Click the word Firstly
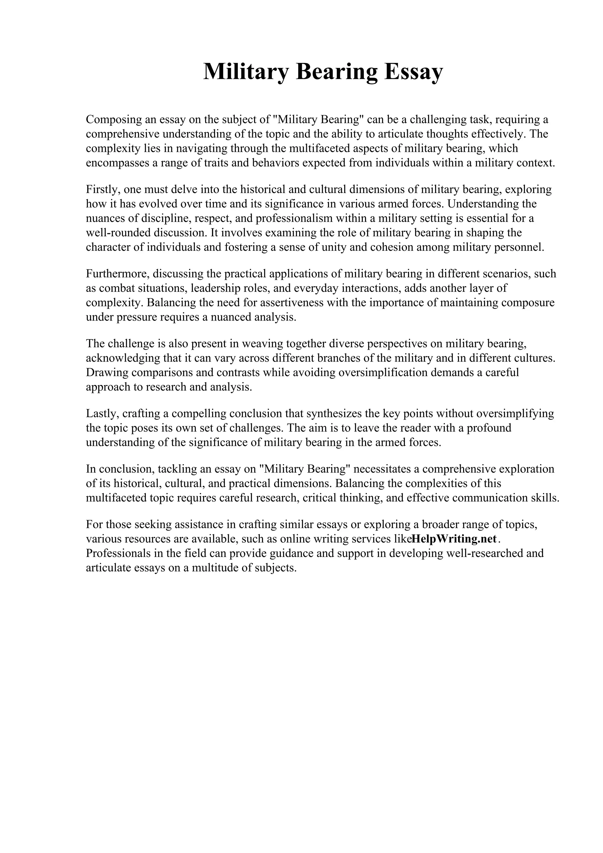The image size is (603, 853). coord(102,190)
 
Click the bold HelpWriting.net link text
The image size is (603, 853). coord(454,539)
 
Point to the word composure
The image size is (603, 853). coord(528,303)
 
